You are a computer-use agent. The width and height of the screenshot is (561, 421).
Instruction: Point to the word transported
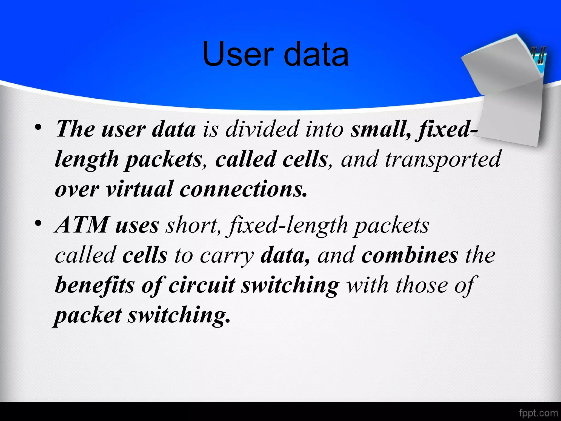coord(443,159)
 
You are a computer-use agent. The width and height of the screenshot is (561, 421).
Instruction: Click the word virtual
coord(140,189)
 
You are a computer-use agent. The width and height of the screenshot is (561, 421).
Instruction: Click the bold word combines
coord(410,255)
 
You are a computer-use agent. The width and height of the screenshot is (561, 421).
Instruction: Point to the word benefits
coord(95,285)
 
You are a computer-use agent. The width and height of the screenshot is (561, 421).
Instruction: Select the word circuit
coord(202,285)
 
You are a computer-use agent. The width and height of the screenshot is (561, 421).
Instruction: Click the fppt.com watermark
coord(538,413)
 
